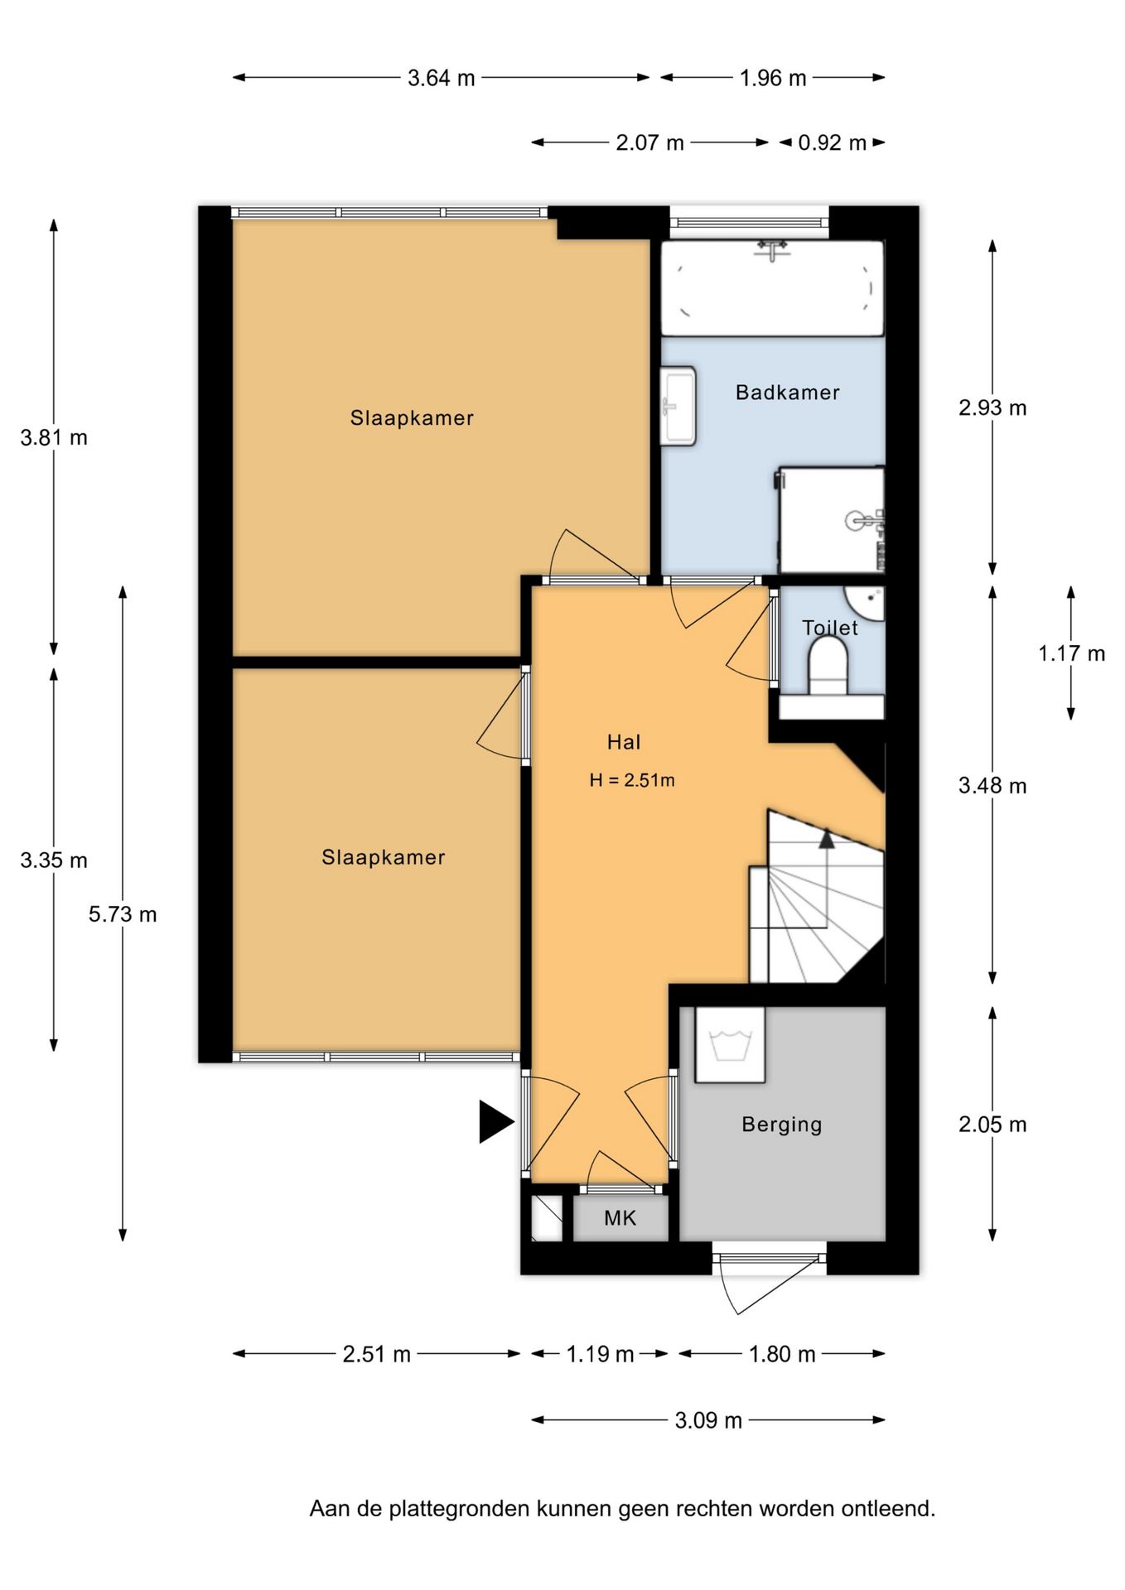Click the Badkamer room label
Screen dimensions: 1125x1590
tap(787, 393)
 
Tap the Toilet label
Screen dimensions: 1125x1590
tap(830, 628)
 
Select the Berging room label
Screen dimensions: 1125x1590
tap(782, 1125)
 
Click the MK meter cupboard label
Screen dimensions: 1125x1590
tap(620, 1217)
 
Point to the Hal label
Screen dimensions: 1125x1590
tap(624, 742)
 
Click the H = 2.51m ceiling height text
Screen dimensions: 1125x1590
tap(632, 780)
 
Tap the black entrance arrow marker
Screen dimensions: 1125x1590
tap(496, 1122)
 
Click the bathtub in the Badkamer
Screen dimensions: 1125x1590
tap(772, 288)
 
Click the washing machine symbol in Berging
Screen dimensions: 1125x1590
tap(730, 1044)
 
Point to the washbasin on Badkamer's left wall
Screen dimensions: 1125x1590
tap(678, 406)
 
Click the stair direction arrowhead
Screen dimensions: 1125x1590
tap(827, 838)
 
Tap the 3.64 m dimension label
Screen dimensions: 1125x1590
tap(442, 78)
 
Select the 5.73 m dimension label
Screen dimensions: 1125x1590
tap(123, 914)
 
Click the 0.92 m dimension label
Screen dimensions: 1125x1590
tap(832, 142)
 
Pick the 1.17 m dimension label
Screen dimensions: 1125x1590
tap(1072, 653)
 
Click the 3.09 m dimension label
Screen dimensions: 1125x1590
tap(708, 1420)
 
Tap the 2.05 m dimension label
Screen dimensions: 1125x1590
tap(992, 1125)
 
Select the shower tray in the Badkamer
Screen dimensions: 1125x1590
tap(831, 520)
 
